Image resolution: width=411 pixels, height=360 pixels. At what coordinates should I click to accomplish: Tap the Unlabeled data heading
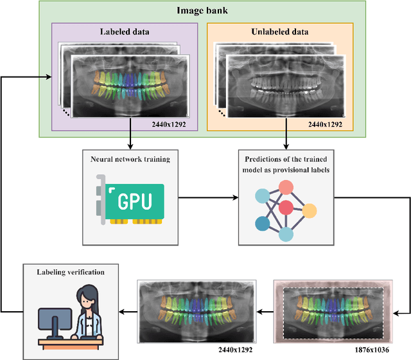tap(280, 31)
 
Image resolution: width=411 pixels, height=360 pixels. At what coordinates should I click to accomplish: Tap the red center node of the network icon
tap(285, 207)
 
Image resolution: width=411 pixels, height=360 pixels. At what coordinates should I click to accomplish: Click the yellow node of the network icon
tap(310, 210)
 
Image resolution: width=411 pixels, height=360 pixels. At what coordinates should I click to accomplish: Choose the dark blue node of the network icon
tap(262, 223)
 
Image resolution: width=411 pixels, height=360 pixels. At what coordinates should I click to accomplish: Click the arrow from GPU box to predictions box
tap(205, 198)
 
